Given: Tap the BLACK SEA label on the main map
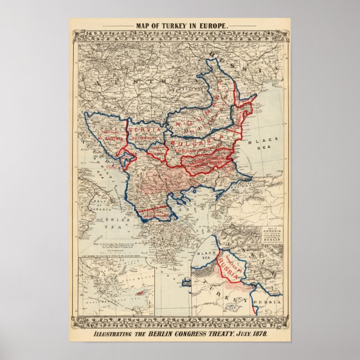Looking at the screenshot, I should click(263, 139).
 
